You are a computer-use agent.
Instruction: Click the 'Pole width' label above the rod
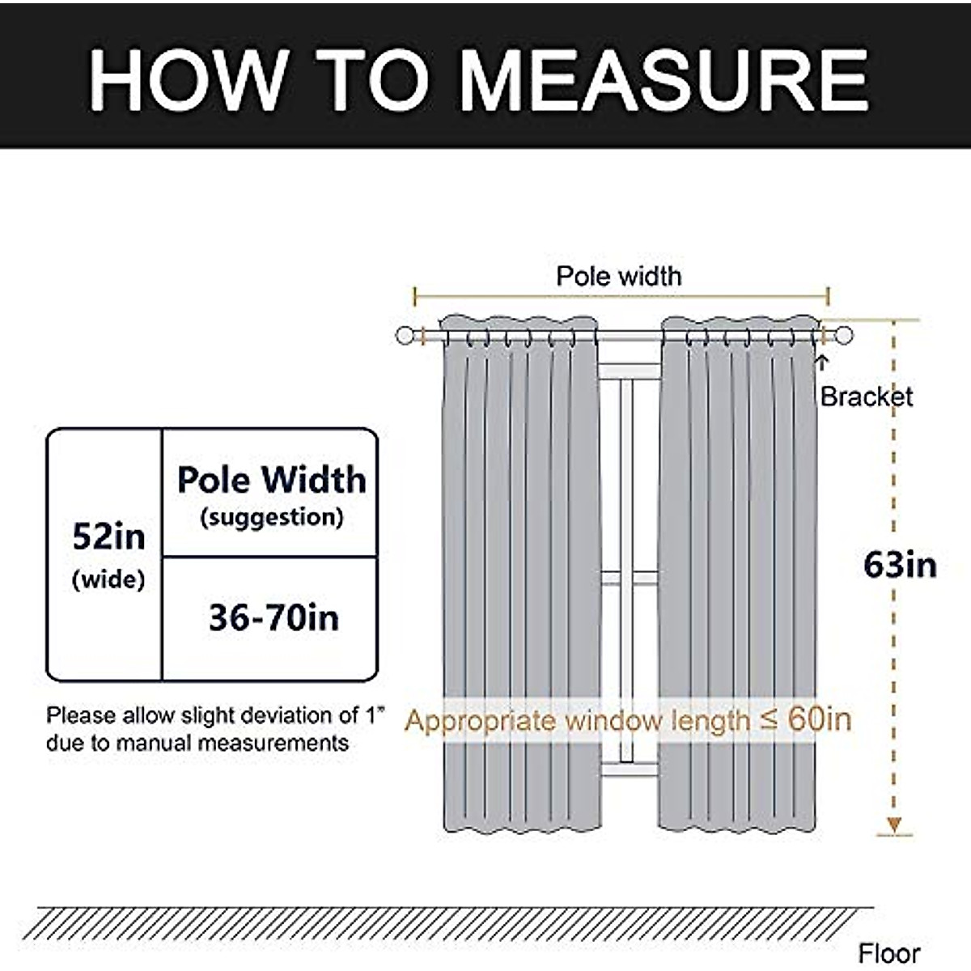click(619, 277)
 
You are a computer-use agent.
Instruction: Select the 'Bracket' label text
click(866, 396)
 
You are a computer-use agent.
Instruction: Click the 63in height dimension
click(900, 565)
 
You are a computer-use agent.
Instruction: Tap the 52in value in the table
click(108, 536)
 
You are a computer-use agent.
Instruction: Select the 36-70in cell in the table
click(273, 618)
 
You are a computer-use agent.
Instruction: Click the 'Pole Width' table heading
click(272, 480)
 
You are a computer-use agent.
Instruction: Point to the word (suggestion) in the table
click(272, 517)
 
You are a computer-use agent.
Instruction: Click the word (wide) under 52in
click(108, 579)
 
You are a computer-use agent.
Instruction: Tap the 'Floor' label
click(889, 954)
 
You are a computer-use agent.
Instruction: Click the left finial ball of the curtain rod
click(405, 336)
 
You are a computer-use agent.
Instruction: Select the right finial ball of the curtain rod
click(844, 336)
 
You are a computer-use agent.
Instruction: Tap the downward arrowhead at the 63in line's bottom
click(893, 825)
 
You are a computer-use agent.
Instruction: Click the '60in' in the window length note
click(820, 719)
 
